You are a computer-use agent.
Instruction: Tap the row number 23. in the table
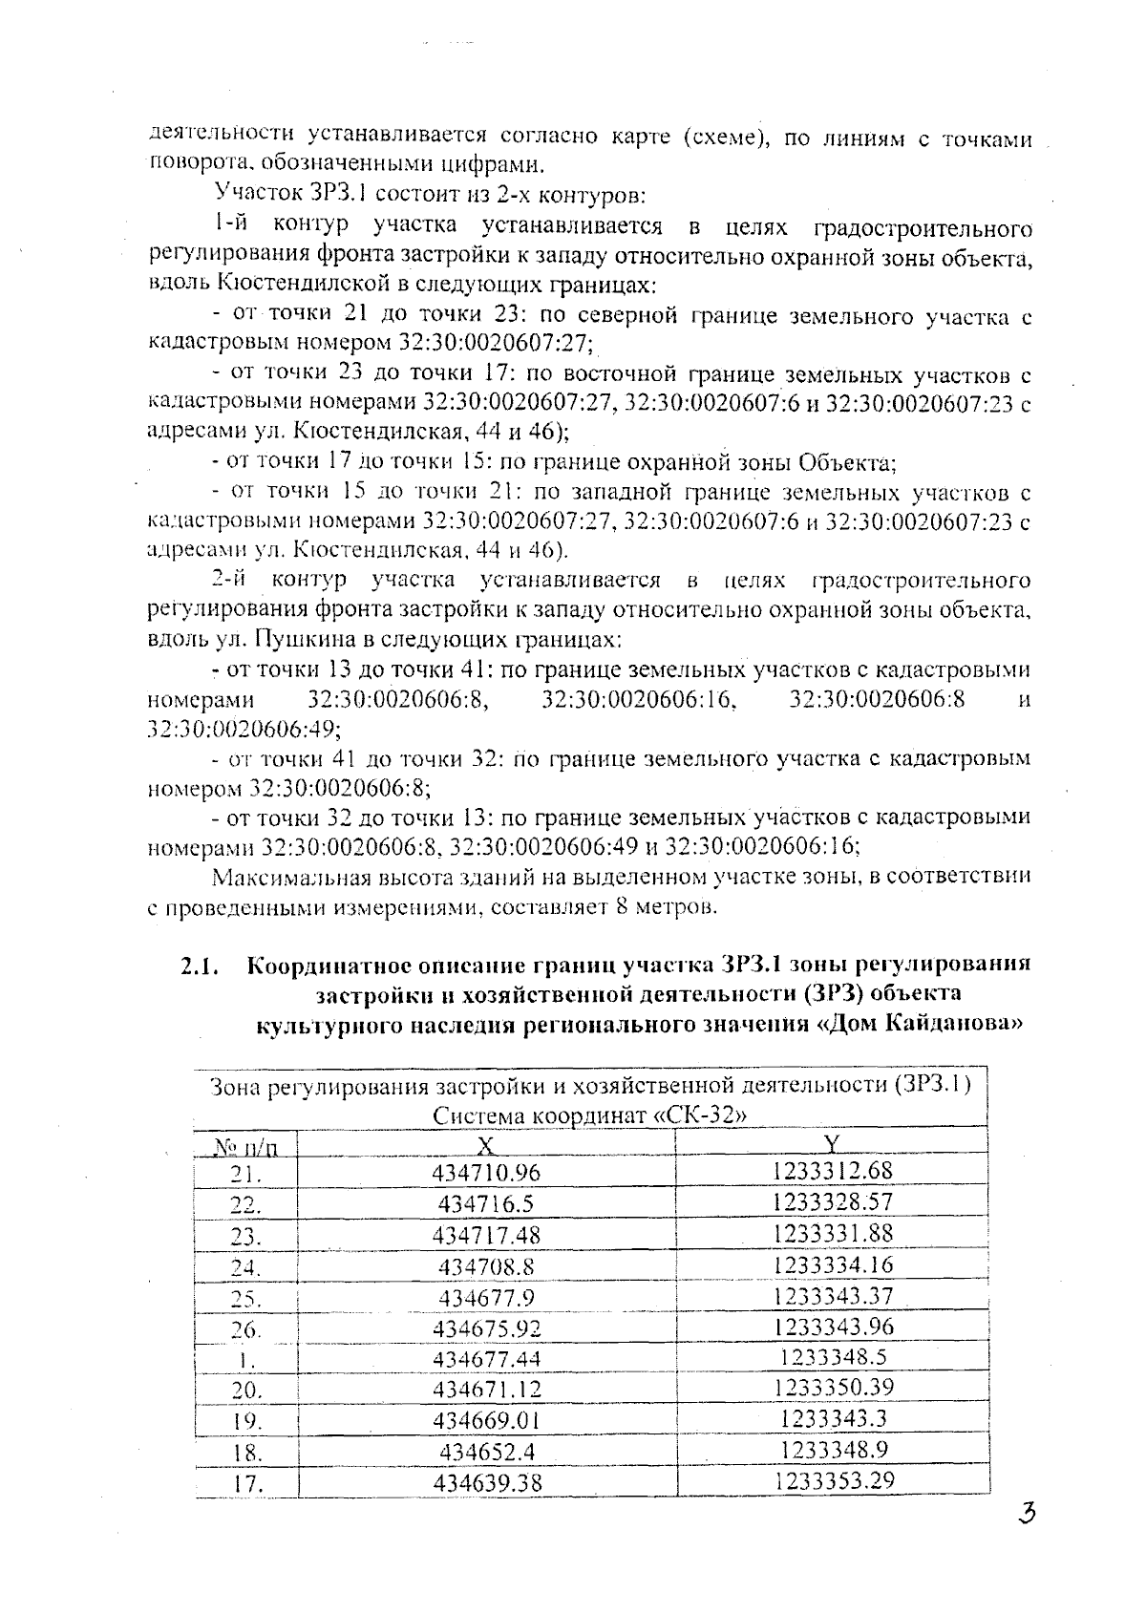tap(246, 1236)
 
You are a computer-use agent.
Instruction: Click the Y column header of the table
tap(832, 1143)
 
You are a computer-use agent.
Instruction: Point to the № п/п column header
tap(245, 1145)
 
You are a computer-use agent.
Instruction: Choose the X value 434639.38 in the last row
tap(486, 1483)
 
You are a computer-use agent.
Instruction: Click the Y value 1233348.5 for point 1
tap(834, 1356)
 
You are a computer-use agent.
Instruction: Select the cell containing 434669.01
tap(486, 1420)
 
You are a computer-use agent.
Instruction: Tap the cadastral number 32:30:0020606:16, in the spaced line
tap(639, 699)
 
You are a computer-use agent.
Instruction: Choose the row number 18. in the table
tap(246, 1453)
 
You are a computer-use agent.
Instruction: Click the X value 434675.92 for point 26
tap(486, 1328)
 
